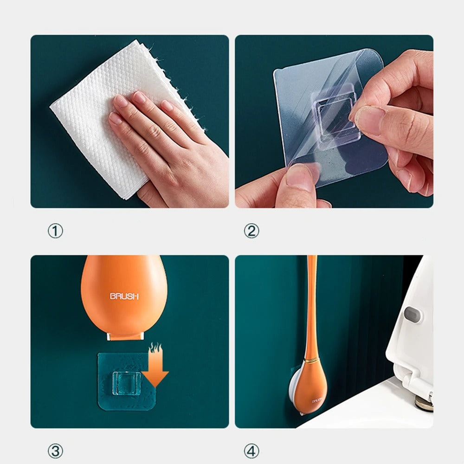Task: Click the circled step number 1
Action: click(55, 231)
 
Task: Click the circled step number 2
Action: click(251, 231)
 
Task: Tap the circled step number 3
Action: click(55, 450)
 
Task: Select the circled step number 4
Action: click(251, 450)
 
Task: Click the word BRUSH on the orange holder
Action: click(124, 296)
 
